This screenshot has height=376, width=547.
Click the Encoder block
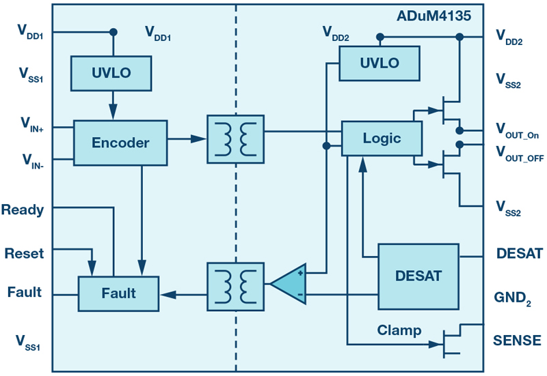coord(120,143)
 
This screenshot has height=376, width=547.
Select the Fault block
coord(118,294)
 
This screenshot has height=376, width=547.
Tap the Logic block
coord(382,139)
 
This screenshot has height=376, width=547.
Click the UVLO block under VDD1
coord(111,72)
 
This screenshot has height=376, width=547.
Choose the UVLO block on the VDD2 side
coord(379,63)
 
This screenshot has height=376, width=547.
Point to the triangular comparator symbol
coord(289,283)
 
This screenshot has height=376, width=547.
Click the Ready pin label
coord(22,209)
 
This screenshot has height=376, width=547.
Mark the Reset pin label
coord(23,253)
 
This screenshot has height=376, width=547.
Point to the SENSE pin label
coord(518,340)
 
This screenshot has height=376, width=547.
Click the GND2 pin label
coord(512,298)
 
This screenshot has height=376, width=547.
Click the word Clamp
coord(399,330)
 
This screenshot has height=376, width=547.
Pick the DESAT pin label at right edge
coord(520,254)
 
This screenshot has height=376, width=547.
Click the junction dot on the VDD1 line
coord(113,31)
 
